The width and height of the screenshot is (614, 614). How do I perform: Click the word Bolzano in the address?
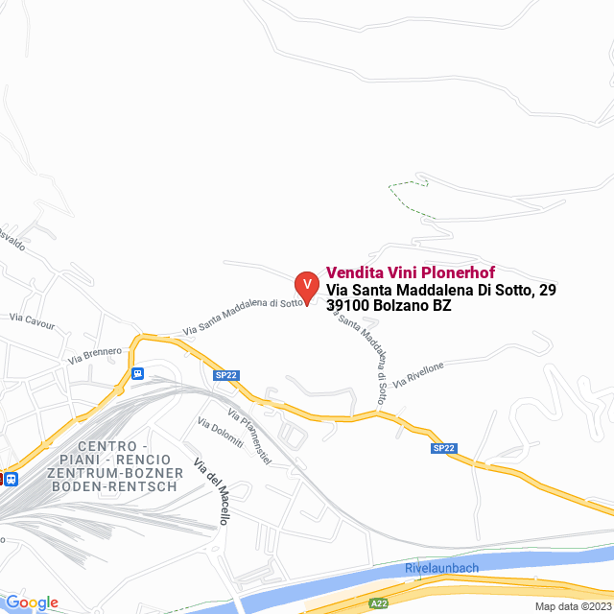(401, 306)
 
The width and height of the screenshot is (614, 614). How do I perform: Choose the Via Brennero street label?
(95, 356)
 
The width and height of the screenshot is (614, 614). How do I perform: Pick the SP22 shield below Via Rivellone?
(442, 448)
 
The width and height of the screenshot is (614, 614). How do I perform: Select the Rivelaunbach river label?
(441, 568)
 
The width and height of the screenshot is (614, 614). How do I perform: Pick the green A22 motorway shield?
(380, 602)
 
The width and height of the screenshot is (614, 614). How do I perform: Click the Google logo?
(32, 602)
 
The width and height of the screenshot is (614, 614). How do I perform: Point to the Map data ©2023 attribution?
(571, 605)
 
